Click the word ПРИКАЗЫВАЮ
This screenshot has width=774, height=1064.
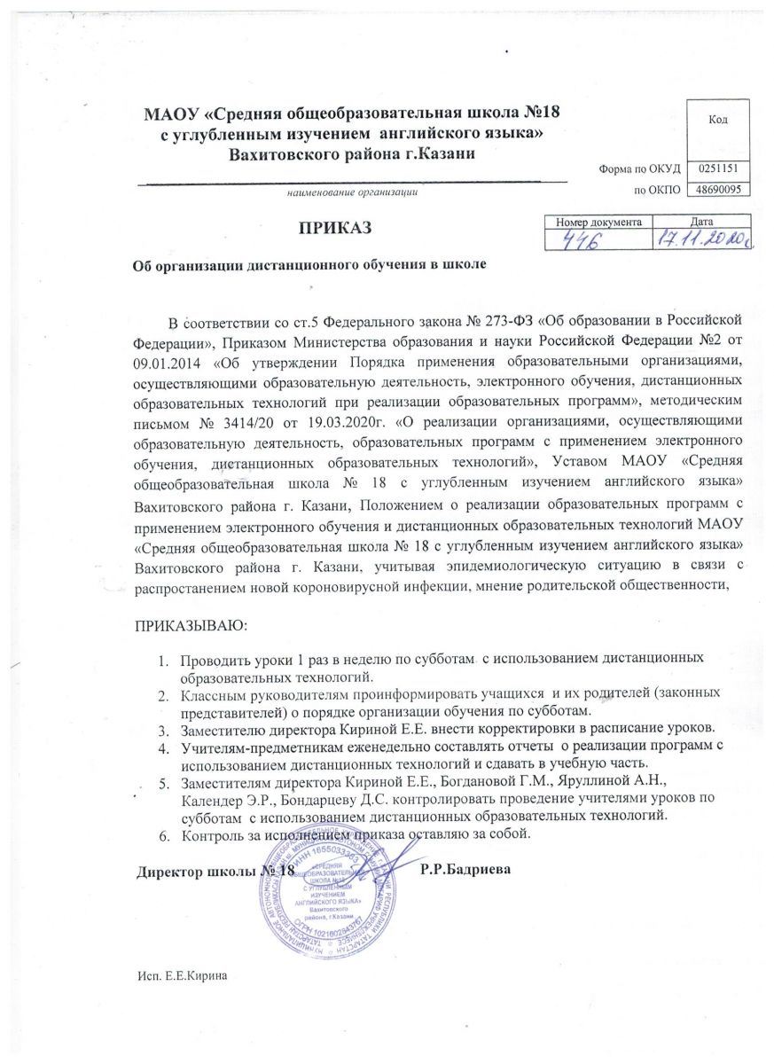point(191,626)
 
